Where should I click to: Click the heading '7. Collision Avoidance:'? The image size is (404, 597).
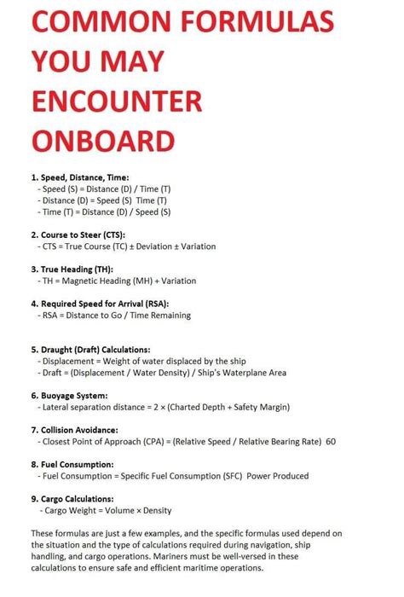tap(79, 430)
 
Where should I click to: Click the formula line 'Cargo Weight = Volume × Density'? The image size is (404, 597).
tap(106, 511)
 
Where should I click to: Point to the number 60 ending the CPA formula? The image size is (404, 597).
tap(331, 442)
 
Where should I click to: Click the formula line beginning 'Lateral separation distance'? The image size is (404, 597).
tap(170, 408)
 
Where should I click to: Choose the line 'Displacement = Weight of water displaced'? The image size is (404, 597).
tap(136, 361)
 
